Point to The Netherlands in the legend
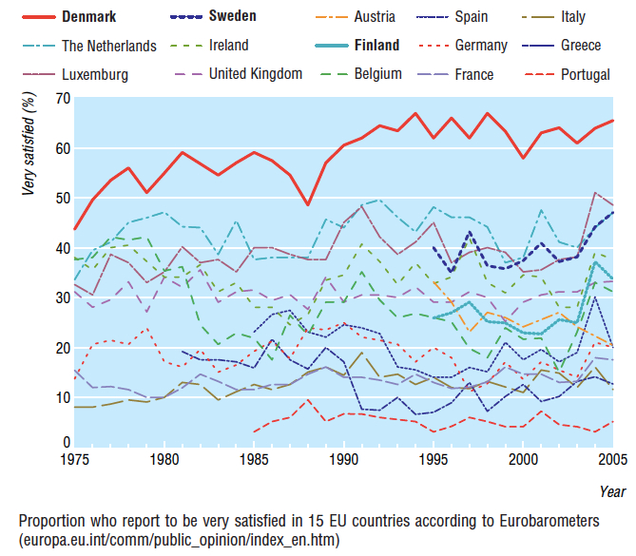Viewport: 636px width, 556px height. click(109, 45)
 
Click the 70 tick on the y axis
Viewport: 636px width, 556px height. click(63, 98)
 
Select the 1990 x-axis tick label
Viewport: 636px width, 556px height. click(342, 461)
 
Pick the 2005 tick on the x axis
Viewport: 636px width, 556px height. click(611, 461)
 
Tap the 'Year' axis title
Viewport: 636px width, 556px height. click(612, 491)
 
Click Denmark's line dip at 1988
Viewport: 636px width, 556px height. click(307, 203)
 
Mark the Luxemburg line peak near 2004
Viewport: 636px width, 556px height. click(595, 193)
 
